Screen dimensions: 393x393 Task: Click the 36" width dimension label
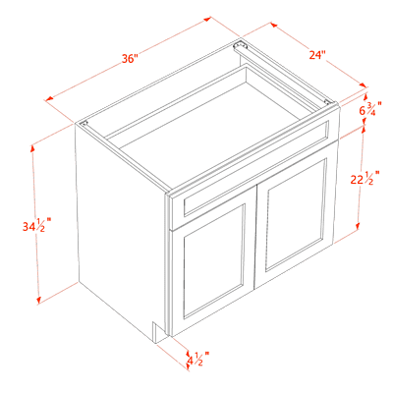(130, 59)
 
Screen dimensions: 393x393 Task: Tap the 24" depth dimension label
(317, 55)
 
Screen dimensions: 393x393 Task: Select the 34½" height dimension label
(36, 225)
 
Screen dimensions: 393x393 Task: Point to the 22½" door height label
(365, 178)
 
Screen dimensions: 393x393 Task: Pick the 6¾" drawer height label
(370, 109)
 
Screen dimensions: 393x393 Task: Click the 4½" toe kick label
(197, 359)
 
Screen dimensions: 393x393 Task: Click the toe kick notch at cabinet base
(154, 332)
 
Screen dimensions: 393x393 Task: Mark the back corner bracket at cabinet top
(240, 44)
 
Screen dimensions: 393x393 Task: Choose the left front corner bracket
(84, 124)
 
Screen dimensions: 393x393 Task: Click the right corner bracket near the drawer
(327, 101)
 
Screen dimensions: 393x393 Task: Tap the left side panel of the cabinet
(121, 226)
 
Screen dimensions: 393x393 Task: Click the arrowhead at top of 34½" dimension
(32, 148)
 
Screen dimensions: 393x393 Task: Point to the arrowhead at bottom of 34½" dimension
(38, 300)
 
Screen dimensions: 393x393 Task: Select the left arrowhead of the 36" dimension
(49, 98)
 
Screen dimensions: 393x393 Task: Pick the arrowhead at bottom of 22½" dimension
(358, 227)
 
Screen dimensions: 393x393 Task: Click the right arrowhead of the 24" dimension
(363, 84)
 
